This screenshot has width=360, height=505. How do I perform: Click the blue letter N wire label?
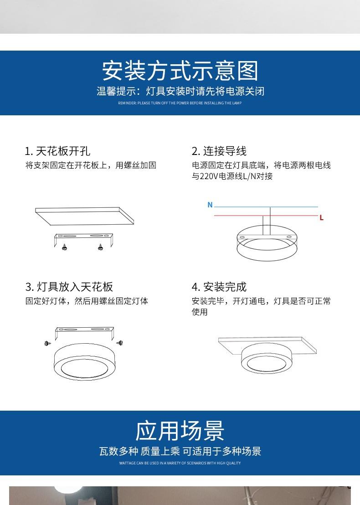[210, 205]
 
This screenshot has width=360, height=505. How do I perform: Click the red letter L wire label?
[321, 218]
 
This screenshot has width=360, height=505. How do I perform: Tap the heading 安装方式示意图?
[180, 71]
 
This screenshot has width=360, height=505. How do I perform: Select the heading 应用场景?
[180, 431]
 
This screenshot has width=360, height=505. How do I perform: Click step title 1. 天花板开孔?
[57, 151]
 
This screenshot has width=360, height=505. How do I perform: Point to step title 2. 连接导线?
[219, 151]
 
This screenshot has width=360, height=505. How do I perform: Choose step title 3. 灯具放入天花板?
[69, 287]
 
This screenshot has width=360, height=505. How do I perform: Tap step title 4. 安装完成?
[219, 287]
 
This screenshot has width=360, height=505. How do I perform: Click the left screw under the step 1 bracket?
[64, 247]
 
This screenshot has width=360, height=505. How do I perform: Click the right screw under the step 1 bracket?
[100, 247]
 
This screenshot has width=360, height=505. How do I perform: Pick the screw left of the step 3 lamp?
[48, 343]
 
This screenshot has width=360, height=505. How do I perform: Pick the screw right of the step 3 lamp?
[119, 343]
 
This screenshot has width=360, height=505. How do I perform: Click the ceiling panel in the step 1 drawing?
[84, 216]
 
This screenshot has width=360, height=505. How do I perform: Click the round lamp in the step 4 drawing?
[267, 358]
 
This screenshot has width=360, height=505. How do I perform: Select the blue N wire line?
[266, 207]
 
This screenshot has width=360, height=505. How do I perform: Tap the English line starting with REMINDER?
[180, 103]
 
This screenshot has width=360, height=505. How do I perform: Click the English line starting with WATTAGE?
[180, 463]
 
